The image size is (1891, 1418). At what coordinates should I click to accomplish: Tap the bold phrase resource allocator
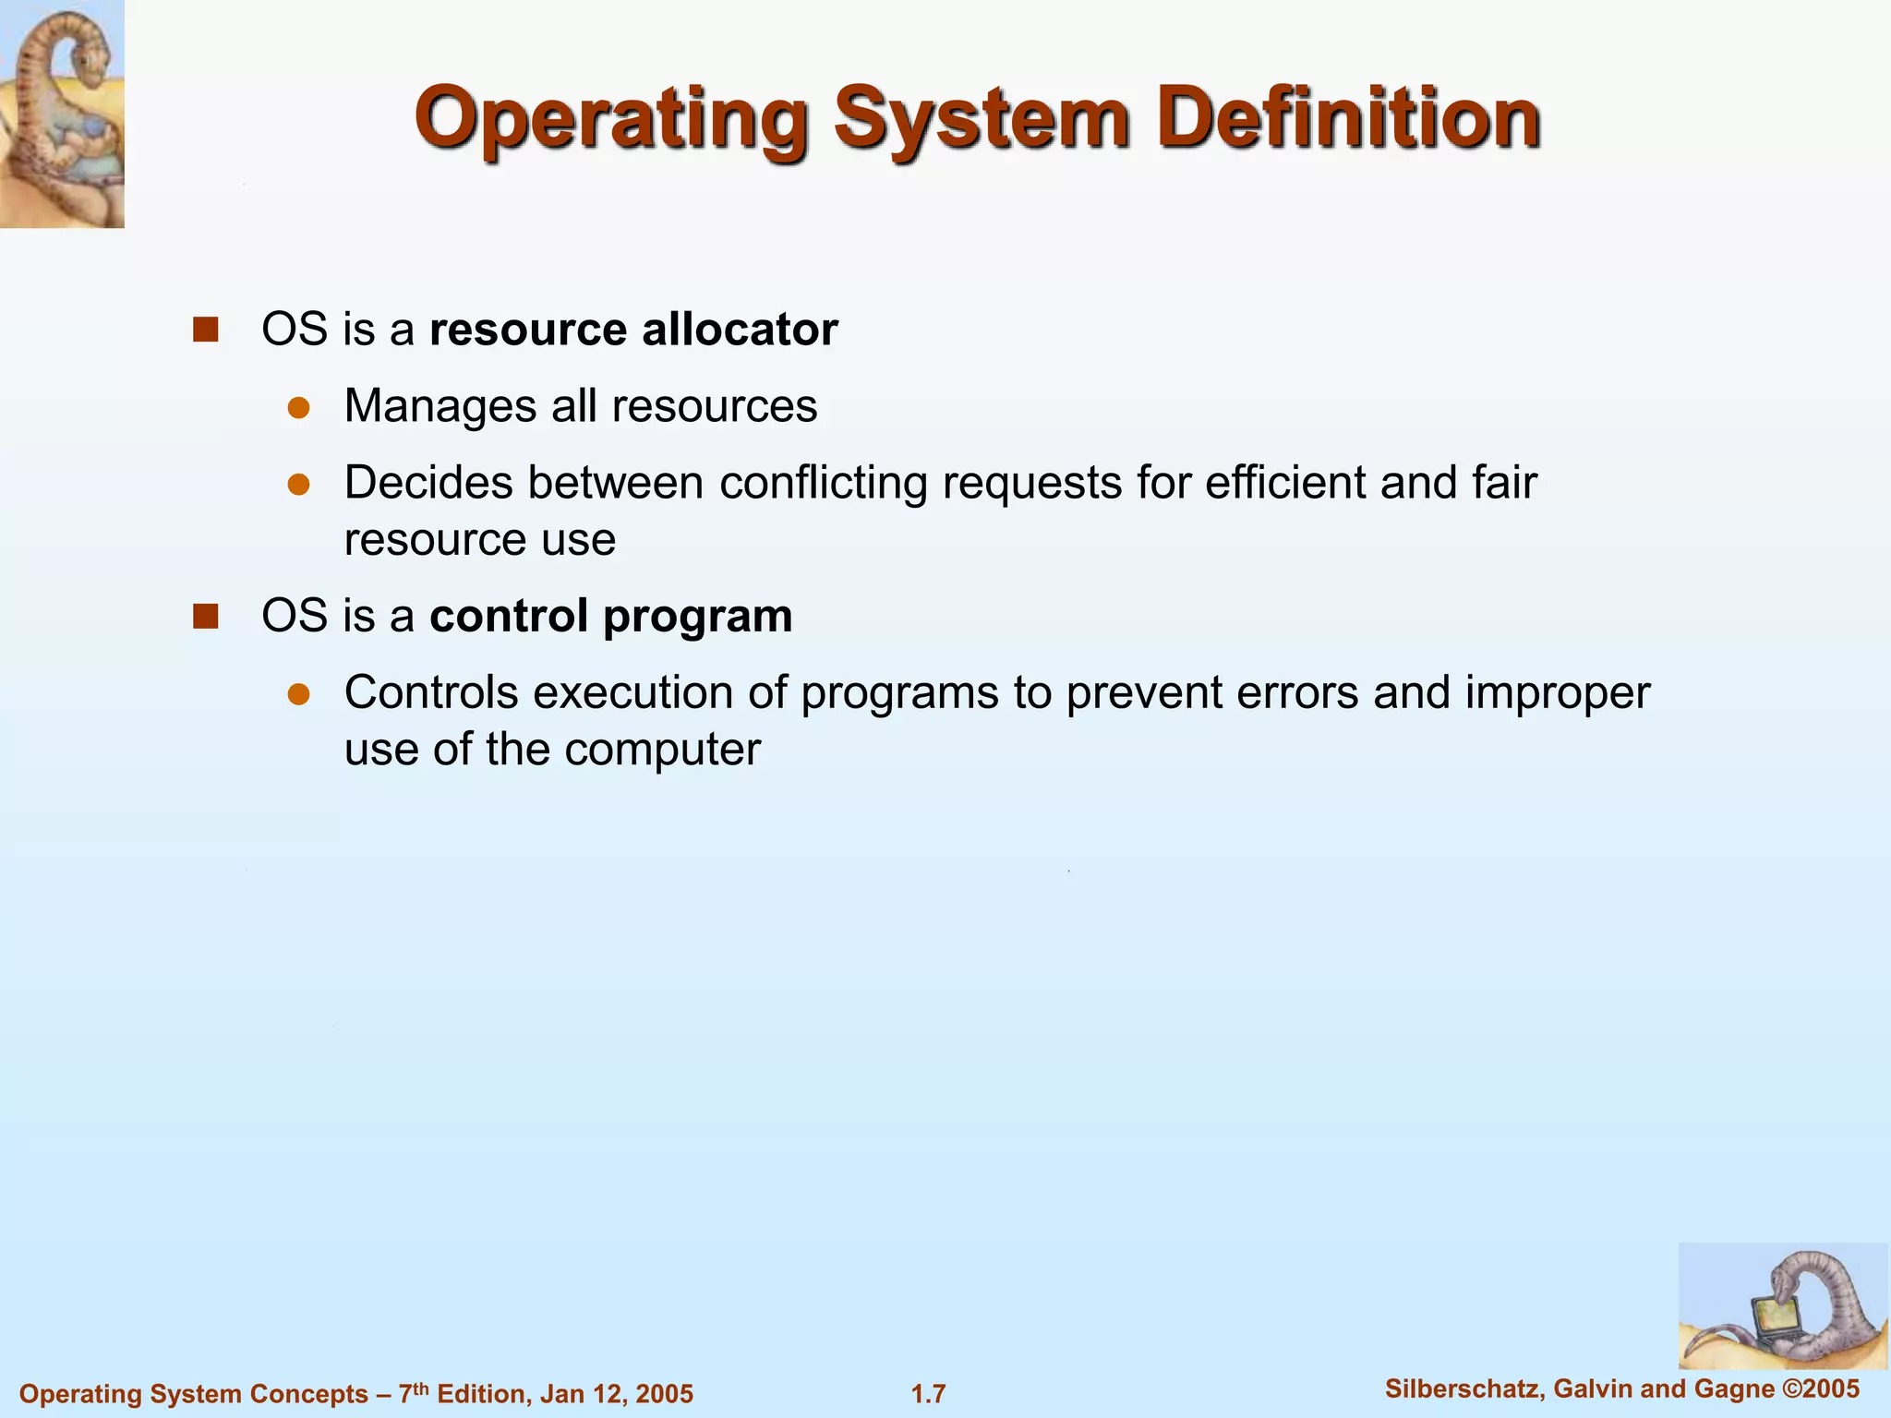(x=633, y=330)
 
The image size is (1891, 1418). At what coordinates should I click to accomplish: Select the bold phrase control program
(x=610, y=616)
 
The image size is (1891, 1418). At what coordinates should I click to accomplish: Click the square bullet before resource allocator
(x=205, y=330)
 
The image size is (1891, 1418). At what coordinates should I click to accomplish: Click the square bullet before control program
(x=205, y=616)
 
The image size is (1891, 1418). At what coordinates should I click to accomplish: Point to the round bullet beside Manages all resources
(x=298, y=407)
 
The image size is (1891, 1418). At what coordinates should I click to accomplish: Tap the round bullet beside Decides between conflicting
(x=298, y=484)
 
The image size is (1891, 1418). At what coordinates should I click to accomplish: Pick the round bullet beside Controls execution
(x=298, y=693)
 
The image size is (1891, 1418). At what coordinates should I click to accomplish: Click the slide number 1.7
(x=928, y=1393)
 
